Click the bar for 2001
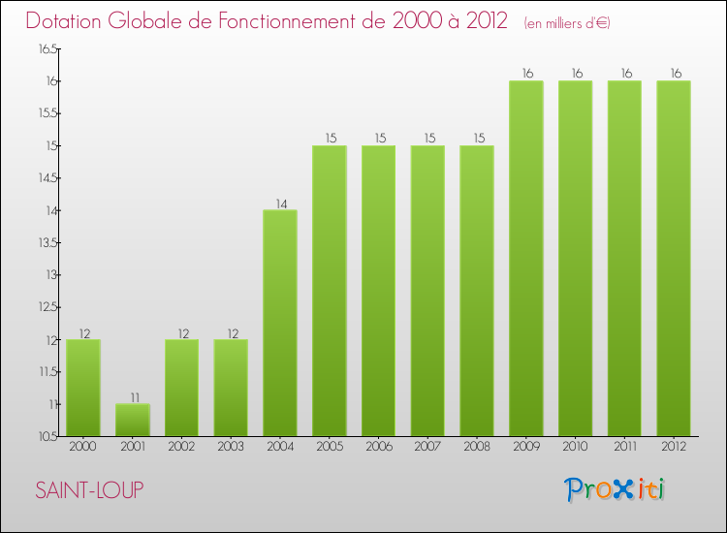pos(133,420)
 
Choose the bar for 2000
pos(83,388)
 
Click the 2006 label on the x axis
pos(378,446)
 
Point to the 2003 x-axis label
pos(231,446)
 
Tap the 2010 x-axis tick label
pos(575,446)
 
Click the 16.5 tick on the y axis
pos(47,48)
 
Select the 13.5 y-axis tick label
pos(47,242)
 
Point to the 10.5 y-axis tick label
pos(47,437)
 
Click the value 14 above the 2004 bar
pos(280,204)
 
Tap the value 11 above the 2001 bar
pos(133,397)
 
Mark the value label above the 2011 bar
pos(624,74)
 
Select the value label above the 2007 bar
pos(427,139)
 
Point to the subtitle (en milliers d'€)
pos(566,23)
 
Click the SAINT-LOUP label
pos(89,490)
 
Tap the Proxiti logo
pos(615,489)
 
